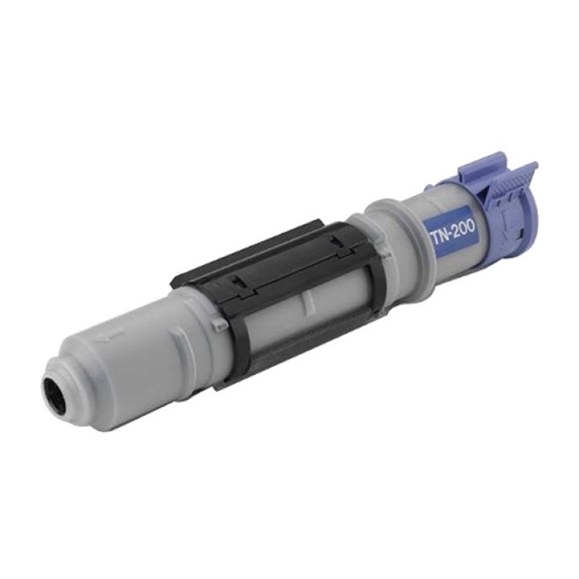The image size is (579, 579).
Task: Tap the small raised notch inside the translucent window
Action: point(305,304)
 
